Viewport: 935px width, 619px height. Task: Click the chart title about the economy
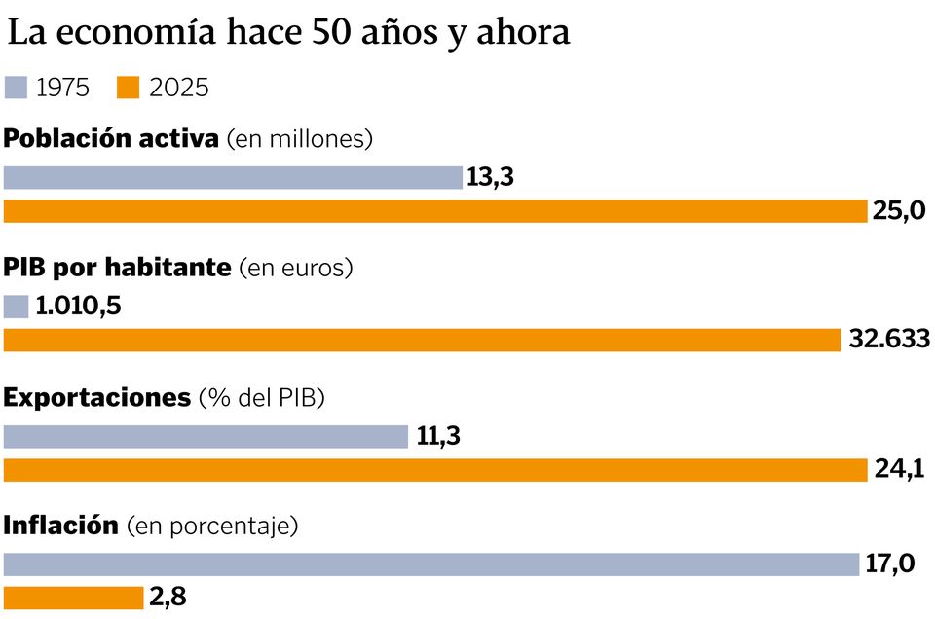click(288, 33)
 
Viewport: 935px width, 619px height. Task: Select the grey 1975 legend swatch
click(16, 88)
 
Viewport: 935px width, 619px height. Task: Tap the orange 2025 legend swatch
click(129, 88)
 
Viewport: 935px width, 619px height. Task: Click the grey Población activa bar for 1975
click(233, 178)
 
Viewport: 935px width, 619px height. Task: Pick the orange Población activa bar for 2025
click(435, 211)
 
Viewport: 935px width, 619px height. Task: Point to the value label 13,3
click(491, 179)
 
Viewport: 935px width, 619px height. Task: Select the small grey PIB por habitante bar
click(17, 308)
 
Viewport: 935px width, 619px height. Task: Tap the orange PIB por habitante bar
click(422, 340)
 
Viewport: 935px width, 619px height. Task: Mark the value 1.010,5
click(78, 308)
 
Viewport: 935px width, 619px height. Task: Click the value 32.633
click(888, 340)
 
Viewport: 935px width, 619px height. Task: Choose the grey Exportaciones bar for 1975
click(206, 437)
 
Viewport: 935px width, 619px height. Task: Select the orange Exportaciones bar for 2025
click(435, 470)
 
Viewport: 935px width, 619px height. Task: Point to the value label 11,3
click(437, 437)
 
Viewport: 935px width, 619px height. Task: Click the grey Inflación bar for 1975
click(431, 564)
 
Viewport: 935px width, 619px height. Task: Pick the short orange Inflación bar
click(73, 598)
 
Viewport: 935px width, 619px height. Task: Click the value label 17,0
click(889, 564)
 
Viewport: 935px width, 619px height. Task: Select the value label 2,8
click(168, 598)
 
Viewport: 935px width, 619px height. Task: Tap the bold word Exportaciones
click(97, 397)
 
